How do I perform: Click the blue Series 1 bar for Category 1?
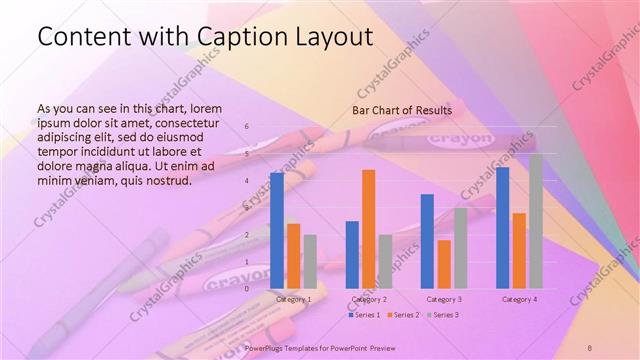click(x=277, y=230)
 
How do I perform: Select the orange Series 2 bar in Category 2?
click(x=368, y=229)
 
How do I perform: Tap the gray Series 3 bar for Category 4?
click(x=535, y=221)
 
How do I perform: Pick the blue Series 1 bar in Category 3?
click(x=427, y=241)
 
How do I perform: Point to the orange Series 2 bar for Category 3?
click(x=444, y=264)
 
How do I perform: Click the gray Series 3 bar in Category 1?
click(x=310, y=261)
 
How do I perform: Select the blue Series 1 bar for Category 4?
click(x=502, y=227)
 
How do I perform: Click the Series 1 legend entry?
click(x=365, y=315)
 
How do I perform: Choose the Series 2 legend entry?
click(x=404, y=315)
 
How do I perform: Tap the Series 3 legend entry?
click(x=443, y=315)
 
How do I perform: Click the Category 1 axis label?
click(x=293, y=299)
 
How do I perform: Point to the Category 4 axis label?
click(x=519, y=299)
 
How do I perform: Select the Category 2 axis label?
click(x=368, y=299)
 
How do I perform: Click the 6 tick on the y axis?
click(x=247, y=127)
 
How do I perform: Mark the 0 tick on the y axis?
click(x=247, y=289)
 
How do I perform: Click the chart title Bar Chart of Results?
click(x=401, y=110)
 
